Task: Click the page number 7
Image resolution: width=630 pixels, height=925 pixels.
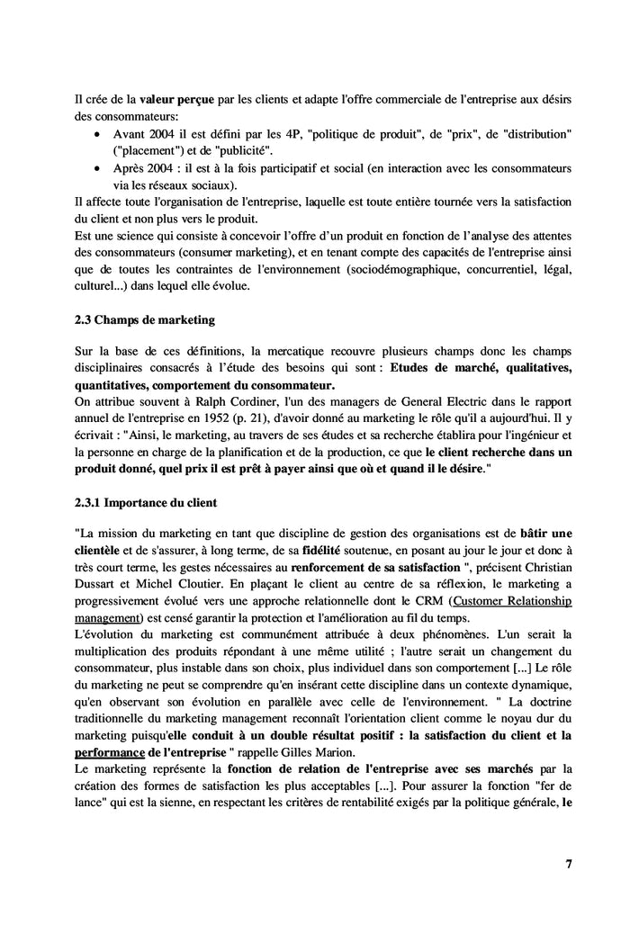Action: point(568,864)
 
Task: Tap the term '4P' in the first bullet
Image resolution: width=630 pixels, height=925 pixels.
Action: point(292,133)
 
